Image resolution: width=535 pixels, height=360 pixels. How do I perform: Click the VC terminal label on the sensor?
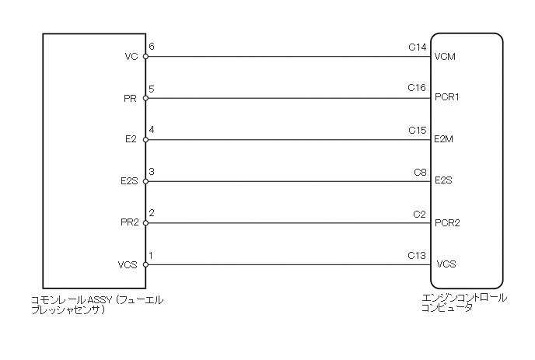pyautogui.click(x=131, y=57)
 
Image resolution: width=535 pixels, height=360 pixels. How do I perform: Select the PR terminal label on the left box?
pyautogui.click(x=131, y=99)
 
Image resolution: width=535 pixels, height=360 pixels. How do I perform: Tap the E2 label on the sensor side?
pyautogui.click(x=131, y=141)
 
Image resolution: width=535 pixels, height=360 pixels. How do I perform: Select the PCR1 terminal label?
pyautogui.click(x=448, y=99)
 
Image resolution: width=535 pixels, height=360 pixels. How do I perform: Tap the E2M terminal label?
pyautogui.click(x=445, y=141)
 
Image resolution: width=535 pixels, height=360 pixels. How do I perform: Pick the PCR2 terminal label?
pyautogui.click(x=448, y=223)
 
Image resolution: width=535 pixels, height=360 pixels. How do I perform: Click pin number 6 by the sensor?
pyautogui.click(x=152, y=47)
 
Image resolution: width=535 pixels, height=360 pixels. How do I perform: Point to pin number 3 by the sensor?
pyautogui.click(x=152, y=172)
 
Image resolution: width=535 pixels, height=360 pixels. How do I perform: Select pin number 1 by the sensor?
pyautogui.click(x=152, y=255)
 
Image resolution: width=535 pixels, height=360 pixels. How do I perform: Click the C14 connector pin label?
pyautogui.click(x=418, y=47)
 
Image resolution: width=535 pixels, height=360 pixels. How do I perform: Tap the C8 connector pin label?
pyautogui.click(x=420, y=172)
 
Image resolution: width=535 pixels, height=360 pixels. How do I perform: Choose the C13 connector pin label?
pyautogui.click(x=418, y=255)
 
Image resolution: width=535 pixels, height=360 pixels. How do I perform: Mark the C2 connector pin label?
pyautogui.click(x=420, y=213)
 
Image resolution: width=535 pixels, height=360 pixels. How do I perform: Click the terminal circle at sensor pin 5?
pyautogui.click(x=146, y=99)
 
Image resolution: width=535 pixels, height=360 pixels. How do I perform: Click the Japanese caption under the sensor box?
pyautogui.click(x=96, y=304)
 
